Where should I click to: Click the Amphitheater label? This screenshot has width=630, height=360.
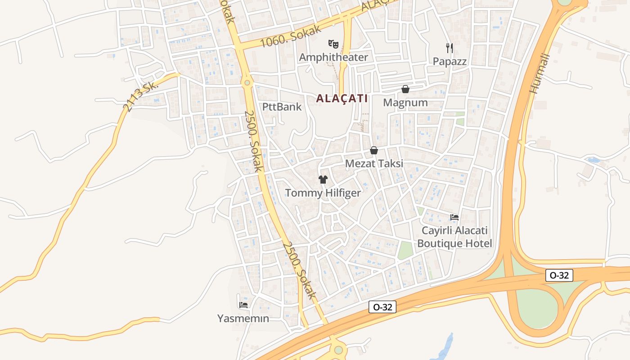[333, 57]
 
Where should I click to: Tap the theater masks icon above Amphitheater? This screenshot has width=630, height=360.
[333, 44]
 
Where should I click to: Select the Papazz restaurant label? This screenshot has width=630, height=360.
[450, 61]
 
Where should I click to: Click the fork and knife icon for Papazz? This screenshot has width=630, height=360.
[450, 48]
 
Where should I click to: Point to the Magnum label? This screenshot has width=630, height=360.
[405, 103]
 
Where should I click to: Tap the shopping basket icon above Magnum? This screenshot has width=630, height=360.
[405, 89]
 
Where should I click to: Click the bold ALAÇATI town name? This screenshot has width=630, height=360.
[342, 98]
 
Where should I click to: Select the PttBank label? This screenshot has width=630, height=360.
[282, 107]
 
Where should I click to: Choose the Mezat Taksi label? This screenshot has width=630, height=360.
[374, 164]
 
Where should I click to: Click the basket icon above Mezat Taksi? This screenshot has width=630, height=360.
[374, 150]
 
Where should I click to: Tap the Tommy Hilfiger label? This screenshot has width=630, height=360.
[323, 193]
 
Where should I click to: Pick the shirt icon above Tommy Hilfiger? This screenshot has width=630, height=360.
[323, 180]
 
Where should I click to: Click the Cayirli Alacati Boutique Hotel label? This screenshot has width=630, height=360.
[454, 237]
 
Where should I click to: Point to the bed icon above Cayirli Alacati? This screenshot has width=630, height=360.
[454, 217]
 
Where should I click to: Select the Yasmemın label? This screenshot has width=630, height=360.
[243, 319]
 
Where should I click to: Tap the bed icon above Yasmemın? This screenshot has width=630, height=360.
[243, 305]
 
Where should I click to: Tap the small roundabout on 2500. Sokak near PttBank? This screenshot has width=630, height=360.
[247, 83]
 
